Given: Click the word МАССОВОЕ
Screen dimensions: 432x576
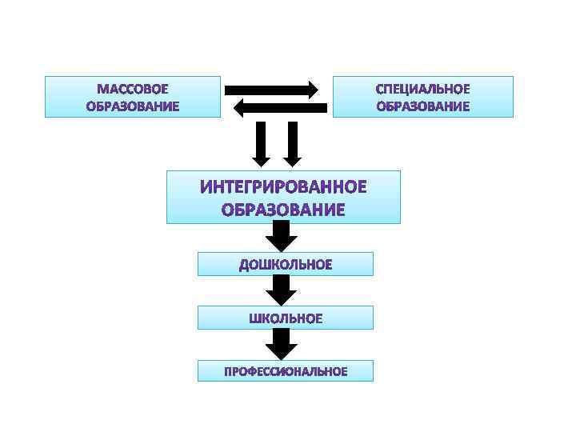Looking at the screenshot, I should coord(133,88).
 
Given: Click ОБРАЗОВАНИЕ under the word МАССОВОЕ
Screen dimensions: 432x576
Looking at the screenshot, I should coord(133,106).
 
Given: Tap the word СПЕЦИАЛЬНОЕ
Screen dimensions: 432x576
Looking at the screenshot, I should coord(422,88).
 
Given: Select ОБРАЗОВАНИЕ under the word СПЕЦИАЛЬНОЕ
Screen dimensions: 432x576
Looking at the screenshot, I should coord(422,106).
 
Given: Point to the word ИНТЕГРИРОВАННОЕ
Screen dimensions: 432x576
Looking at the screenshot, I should coord(283,188).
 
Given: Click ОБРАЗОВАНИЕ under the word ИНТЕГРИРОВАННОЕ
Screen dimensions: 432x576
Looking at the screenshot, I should coord(283,210).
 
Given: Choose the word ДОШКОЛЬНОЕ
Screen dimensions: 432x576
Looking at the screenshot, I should coord(285,265).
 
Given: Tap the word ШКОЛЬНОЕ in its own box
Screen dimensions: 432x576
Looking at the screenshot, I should coord(286,318).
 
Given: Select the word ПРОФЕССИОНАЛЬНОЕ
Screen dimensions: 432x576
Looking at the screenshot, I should coord(285,371).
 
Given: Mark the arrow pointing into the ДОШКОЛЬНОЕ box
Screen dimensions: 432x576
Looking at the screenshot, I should coord(280,237).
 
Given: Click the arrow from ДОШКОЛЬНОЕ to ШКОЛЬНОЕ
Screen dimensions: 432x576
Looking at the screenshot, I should coord(280,290).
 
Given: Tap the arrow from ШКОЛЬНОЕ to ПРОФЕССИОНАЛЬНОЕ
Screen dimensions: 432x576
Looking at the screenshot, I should coord(280,344).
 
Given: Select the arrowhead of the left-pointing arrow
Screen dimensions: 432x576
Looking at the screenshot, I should coord(238,107).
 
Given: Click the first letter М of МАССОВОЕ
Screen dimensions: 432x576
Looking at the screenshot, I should coord(102,88).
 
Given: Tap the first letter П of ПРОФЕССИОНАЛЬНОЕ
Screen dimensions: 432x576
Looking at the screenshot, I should coord(227,371).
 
